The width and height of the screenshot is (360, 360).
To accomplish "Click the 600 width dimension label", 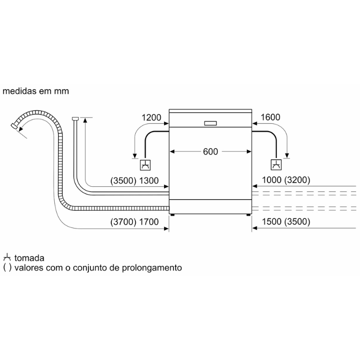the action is [x=210, y=152].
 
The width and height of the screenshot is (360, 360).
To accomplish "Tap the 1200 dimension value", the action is [x=151, y=118].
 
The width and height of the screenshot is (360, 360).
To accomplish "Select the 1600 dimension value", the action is [x=270, y=117].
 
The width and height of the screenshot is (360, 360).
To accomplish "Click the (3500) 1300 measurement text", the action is [x=134, y=180].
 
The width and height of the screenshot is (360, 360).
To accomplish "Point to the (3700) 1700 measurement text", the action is [x=134, y=222].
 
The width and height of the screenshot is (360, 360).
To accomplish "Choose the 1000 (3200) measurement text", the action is [x=286, y=180].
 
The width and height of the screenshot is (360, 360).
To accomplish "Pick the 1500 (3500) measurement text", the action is [x=286, y=222].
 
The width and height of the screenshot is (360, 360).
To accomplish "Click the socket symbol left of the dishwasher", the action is [x=145, y=165].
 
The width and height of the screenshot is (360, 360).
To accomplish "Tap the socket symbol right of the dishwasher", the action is [x=276, y=165].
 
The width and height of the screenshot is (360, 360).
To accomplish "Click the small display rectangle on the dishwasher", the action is [x=210, y=123].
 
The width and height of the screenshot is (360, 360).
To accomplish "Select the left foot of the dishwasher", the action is [x=172, y=215].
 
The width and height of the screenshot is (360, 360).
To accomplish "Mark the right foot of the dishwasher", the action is [x=249, y=215].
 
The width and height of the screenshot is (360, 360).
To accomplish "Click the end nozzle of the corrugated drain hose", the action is [x=14, y=126].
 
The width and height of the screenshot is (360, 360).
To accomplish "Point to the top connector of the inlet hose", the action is [x=75, y=119].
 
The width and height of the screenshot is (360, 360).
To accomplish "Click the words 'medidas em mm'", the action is [x=36, y=91].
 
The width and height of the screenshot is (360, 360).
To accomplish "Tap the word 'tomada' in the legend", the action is [x=29, y=258].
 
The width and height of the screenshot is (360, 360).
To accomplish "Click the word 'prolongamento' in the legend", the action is [x=152, y=268].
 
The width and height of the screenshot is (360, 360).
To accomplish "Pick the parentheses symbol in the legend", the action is [x=7, y=268].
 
